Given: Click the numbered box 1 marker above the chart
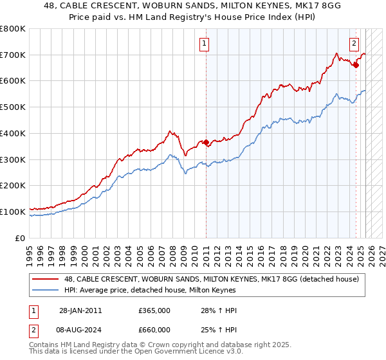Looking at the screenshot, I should [204, 44].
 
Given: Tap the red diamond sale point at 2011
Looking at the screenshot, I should [206, 143].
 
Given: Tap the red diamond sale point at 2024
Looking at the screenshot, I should [356, 64].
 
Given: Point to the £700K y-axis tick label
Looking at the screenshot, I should [13, 55].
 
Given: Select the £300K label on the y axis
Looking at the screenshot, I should [13, 159].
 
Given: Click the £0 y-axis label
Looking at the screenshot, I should [21, 238].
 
